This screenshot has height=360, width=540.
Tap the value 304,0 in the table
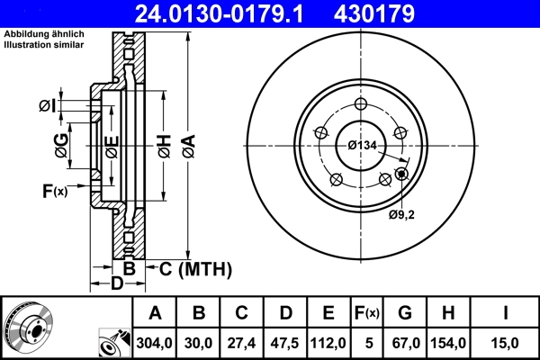(x=155, y=342)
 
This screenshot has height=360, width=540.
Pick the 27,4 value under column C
(x=242, y=342)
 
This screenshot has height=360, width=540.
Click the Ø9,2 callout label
(x=401, y=215)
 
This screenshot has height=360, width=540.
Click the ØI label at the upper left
(x=48, y=107)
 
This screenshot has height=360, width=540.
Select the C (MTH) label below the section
(x=195, y=268)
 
